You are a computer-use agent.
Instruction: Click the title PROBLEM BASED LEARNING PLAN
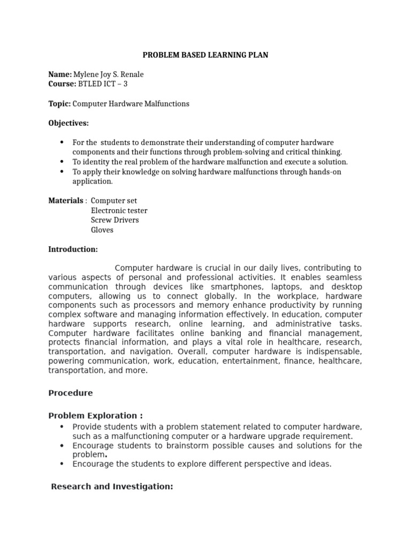point(205,55)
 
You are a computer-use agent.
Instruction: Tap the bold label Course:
point(62,84)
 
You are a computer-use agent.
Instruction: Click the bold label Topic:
point(59,104)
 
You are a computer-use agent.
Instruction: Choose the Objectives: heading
point(68,123)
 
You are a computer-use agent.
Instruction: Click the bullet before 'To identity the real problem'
point(62,162)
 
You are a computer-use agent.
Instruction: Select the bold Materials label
point(66,201)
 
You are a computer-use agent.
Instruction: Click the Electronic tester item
point(119,211)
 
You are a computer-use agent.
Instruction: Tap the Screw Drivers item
point(115,220)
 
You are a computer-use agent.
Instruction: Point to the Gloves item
point(102,230)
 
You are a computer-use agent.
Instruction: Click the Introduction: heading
point(73,249)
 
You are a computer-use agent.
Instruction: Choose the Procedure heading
point(70,393)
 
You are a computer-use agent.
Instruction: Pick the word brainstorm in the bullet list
point(181,445)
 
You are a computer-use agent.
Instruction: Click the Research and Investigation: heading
point(112,486)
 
